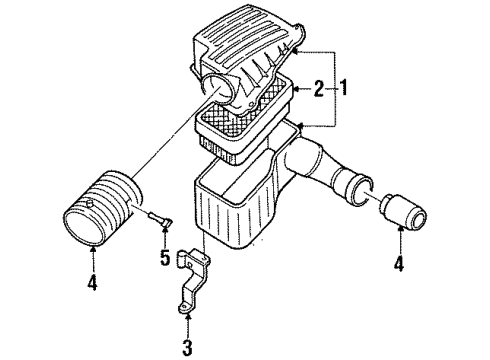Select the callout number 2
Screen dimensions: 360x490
(318, 91)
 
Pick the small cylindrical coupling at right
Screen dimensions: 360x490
(402, 215)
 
